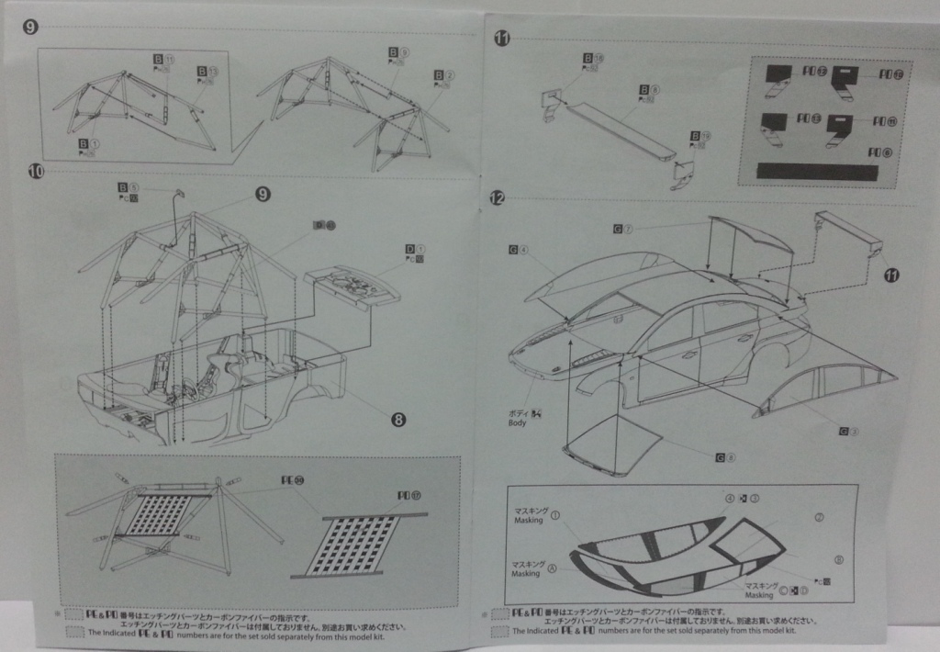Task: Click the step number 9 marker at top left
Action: coord(31,28)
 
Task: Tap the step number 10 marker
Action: coord(36,171)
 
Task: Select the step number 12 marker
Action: coord(498,197)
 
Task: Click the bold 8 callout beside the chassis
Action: coord(398,420)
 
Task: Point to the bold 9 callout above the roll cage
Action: coord(263,194)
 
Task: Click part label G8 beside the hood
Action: coord(724,456)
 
